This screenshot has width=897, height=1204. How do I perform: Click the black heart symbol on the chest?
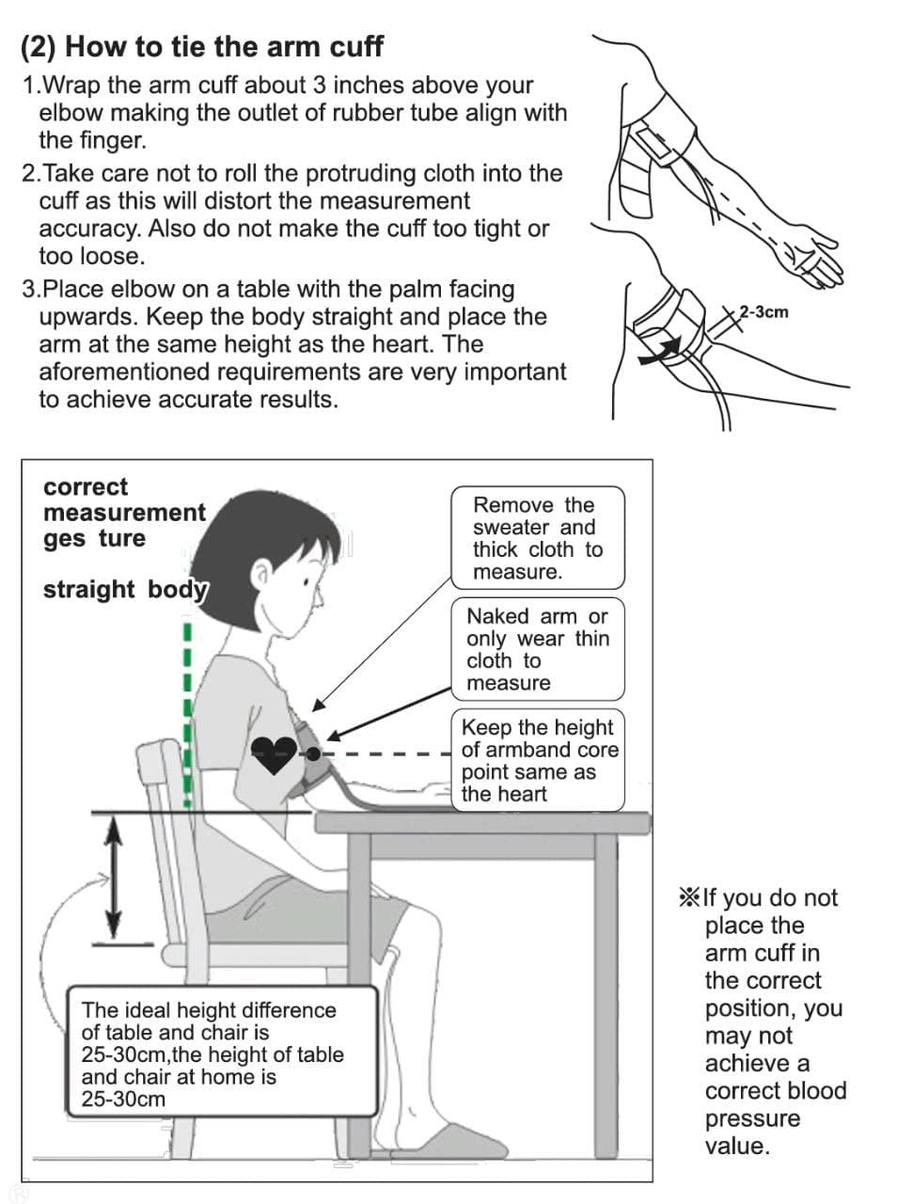(274, 755)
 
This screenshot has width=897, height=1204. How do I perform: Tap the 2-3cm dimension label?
(763, 312)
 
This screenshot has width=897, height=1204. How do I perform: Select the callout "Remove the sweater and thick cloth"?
(538, 537)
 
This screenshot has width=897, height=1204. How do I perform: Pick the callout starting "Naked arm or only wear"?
(538, 649)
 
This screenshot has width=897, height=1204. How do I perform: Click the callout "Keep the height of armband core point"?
(538, 760)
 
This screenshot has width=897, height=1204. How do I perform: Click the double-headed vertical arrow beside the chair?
(113, 877)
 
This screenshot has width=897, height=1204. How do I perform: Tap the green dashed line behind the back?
(187, 714)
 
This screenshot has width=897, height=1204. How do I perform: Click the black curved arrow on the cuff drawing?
(660, 352)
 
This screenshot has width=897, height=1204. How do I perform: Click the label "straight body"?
(125, 590)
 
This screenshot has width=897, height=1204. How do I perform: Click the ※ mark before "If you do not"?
(688, 898)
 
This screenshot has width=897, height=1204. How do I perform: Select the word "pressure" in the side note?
(752, 1118)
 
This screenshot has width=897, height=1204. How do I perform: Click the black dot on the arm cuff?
(313, 754)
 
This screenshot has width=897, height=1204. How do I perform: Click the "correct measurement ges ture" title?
(124, 513)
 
